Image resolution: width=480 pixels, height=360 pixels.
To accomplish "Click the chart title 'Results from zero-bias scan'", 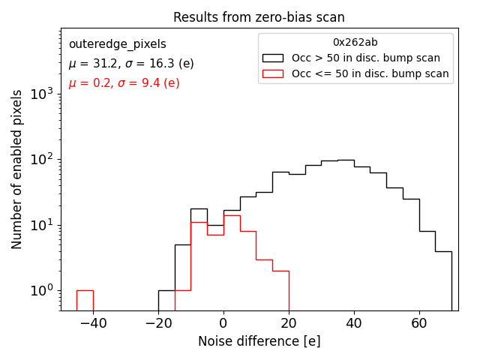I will point(259,17).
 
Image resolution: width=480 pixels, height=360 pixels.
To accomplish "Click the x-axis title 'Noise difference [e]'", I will point(259,341).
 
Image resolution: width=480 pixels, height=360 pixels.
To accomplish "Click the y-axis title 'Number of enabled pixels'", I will point(17,169).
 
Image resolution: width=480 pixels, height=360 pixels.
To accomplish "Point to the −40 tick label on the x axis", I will point(93,323).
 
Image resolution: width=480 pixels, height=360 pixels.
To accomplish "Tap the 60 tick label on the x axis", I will point(419,323).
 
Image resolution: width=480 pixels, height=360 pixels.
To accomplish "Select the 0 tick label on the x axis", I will point(223,323).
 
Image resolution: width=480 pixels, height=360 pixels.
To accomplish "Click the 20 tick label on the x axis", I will point(289,323).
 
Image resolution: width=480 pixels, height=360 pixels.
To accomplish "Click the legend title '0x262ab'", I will point(355,43).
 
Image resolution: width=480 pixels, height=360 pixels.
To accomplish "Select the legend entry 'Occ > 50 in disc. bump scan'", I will point(366,58).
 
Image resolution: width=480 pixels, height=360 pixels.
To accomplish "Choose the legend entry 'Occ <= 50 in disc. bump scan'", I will point(370,73).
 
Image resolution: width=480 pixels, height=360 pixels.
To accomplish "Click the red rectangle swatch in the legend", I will point(273,73).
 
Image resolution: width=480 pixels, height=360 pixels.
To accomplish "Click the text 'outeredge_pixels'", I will point(117,44).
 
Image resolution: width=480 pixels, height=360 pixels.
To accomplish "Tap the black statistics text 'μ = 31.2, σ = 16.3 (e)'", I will point(131,64).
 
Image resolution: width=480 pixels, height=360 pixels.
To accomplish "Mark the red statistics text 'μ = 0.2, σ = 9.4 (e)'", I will point(124,83).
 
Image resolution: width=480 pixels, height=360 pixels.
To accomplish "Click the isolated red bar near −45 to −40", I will point(85,300).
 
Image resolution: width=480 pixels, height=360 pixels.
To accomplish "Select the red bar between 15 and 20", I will point(280,290).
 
